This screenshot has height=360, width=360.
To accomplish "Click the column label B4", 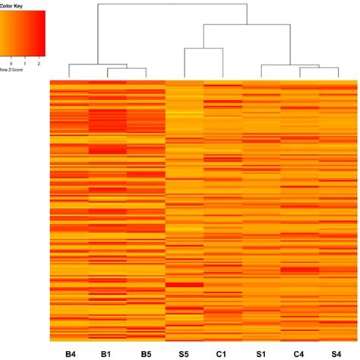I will click(70, 353).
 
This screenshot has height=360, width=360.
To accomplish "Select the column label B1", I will click(108, 353).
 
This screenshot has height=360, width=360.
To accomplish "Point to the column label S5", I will click(185, 353).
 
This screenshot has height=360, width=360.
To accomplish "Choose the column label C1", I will click(223, 353).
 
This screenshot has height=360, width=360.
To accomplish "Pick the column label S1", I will click(261, 353).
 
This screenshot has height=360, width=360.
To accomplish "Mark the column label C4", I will click(299, 353).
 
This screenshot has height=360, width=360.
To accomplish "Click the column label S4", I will click(336, 353).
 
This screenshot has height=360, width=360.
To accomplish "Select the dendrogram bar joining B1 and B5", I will click(127, 69).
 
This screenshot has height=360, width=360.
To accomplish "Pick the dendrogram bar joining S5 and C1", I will click(204, 48).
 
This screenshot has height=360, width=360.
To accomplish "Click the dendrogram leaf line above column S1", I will click(261, 71).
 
